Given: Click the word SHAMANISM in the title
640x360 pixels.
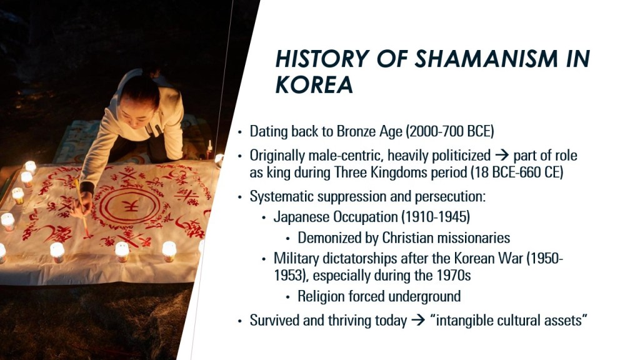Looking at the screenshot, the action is point(486,58).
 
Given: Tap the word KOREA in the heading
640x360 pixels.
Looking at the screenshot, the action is point(314,84).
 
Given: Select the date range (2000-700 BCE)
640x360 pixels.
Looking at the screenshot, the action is point(450,131).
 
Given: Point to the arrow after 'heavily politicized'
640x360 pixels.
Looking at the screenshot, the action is point(502,156).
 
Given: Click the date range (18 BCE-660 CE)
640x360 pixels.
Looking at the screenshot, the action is point(517,172).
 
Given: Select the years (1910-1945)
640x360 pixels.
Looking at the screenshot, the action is point(436,216).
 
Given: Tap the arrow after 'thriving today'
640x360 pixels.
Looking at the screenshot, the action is point(418,321).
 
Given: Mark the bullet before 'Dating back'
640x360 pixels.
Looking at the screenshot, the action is point(240,132).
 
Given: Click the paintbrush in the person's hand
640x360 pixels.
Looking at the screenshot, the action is point(81,207).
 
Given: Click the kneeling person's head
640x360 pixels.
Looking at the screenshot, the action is point(139,98).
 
